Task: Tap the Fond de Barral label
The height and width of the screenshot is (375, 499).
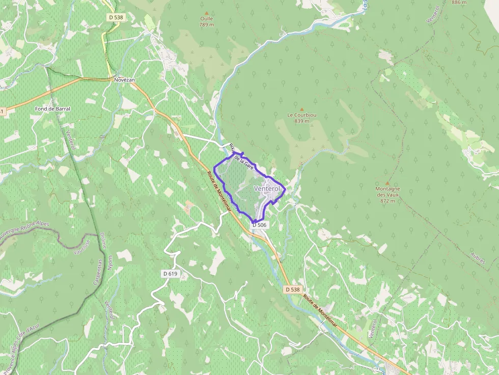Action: coord(52,109)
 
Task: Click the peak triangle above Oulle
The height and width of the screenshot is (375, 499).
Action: coord(206,13)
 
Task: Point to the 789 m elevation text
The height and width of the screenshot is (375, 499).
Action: coord(206,24)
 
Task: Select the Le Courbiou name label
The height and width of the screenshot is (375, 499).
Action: coord(302,115)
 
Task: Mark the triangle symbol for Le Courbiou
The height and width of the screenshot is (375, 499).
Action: coord(302,109)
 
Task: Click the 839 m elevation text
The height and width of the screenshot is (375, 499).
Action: coord(302,121)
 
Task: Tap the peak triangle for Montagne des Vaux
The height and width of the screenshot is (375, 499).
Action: coord(387,183)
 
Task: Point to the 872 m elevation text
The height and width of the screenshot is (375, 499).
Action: coord(387,201)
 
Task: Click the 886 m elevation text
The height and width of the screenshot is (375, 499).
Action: coord(459,2)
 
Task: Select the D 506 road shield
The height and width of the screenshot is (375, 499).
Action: coord(259,225)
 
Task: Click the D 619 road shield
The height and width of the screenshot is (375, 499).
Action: coord(171,274)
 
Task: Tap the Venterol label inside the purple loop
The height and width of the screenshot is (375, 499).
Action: coord(267,189)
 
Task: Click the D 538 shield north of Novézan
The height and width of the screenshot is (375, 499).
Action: coord(116,17)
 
